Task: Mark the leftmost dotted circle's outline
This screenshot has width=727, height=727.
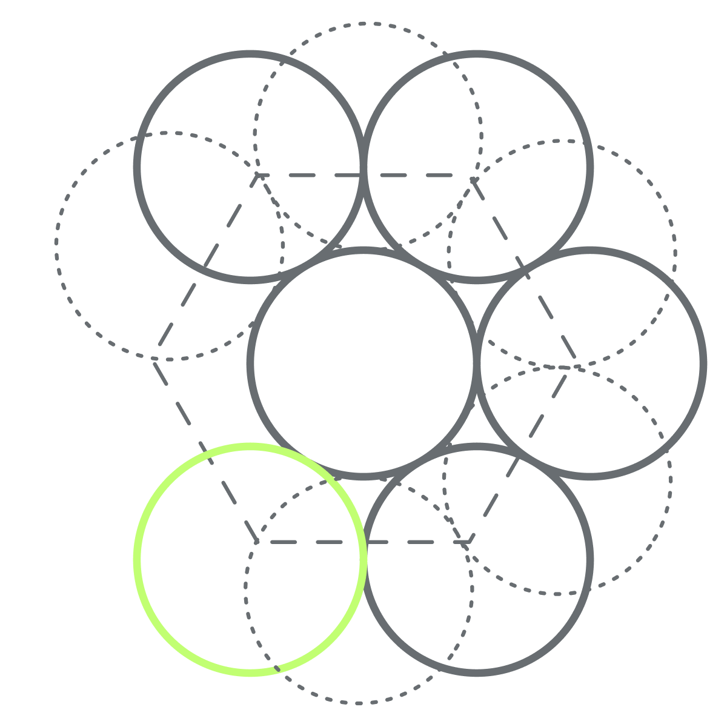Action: pyautogui.click(x=56, y=245)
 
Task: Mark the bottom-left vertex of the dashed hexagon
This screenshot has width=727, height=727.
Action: pyautogui.click(x=257, y=541)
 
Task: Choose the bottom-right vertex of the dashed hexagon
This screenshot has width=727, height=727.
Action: pyautogui.click(x=470, y=541)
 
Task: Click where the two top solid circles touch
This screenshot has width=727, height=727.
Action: pyautogui.click(x=363, y=167)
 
